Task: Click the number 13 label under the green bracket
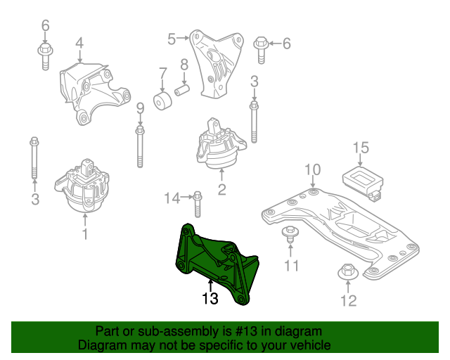(x=210, y=298)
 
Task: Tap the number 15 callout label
(x=361, y=148)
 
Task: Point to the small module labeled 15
(x=361, y=178)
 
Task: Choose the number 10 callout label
(x=313, y=169)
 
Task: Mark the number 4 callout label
(x=79, y=43)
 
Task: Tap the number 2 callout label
(x=221, y=189)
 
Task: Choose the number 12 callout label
(x=349, y=301)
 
